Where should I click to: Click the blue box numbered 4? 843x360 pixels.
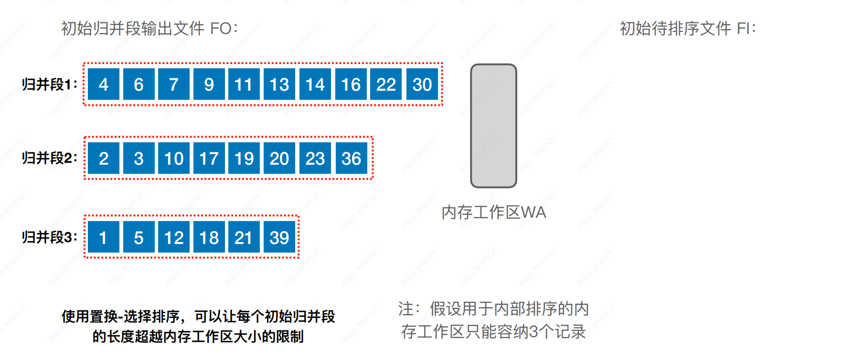[104, 84]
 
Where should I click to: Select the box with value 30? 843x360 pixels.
[422, 84]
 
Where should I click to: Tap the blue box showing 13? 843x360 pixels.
[279, 84]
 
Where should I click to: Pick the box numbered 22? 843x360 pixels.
[386, 84]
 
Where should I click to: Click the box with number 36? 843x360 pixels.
[352, 158]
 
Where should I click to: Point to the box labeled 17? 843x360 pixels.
[209, 158]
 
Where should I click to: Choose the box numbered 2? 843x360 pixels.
[104, 158]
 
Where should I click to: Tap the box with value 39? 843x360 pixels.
[279, 237]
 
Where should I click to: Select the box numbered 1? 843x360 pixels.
[104, 237]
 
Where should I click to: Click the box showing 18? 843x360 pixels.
[209, 237]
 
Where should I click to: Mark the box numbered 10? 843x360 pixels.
[174, 158]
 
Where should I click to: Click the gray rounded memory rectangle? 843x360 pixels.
[494, 126]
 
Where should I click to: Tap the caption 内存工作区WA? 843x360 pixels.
[494, 212]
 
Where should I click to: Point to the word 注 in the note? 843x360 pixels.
[406, 309]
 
